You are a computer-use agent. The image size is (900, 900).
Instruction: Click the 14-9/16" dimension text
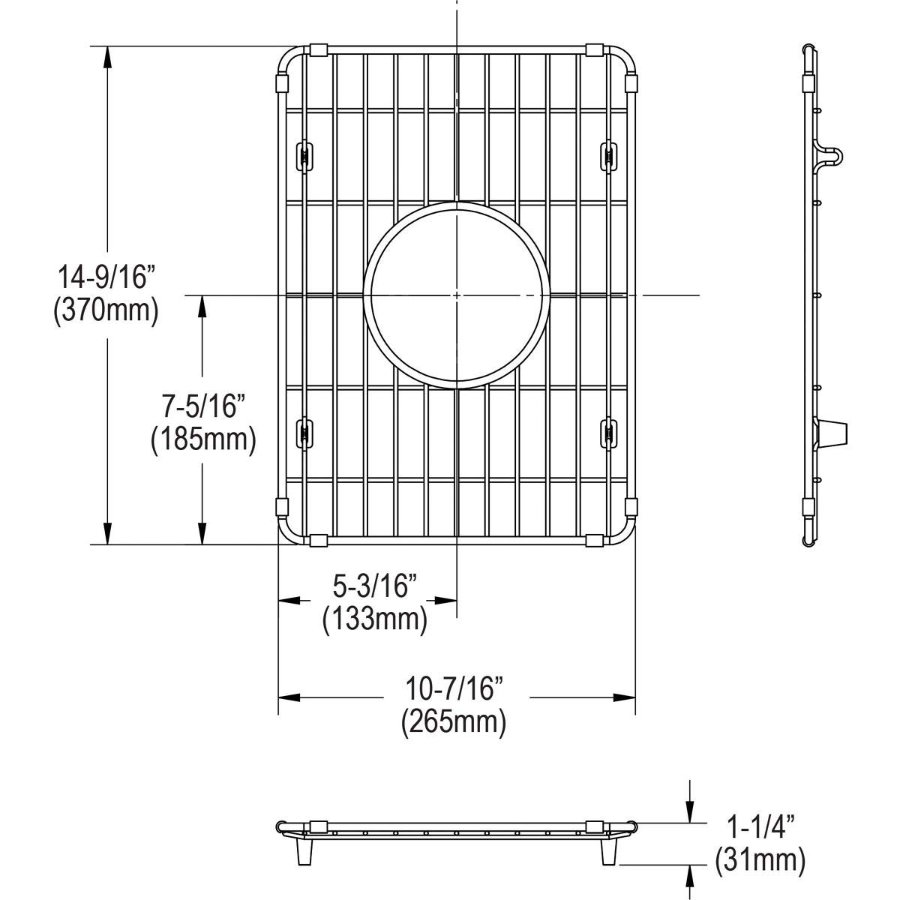tap(106, 277)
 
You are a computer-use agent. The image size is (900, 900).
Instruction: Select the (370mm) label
tap(106, 310)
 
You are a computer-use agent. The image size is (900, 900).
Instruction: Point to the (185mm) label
tap(203, 439)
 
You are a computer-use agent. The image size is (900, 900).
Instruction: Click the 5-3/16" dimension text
tap(374, 586)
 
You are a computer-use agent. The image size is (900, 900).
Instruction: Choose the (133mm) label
tap(375, 619)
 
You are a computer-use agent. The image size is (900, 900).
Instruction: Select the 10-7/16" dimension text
tap(454, 688)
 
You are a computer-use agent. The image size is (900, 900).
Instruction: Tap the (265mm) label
tap(453, 721)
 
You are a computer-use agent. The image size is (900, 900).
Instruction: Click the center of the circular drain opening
tap(457, 295)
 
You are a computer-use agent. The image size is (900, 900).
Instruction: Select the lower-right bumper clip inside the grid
tap(609, 433)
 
